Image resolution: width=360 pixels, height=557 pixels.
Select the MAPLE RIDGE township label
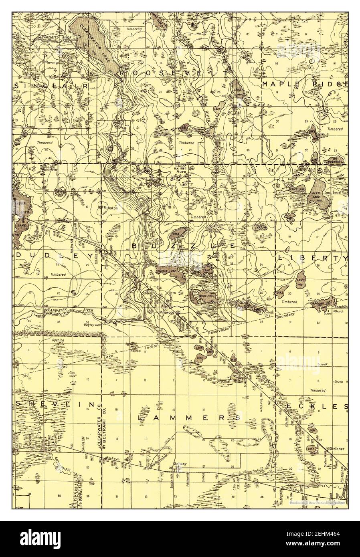pyautogui.click(x=304, y=84)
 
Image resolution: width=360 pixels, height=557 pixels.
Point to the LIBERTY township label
pyautogui.click(x=313, y=258)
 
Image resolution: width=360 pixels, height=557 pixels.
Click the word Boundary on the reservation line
pyautogui.click(x=285, y=316)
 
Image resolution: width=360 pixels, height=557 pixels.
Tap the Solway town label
pyautogui.click(x=180, y=464)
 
